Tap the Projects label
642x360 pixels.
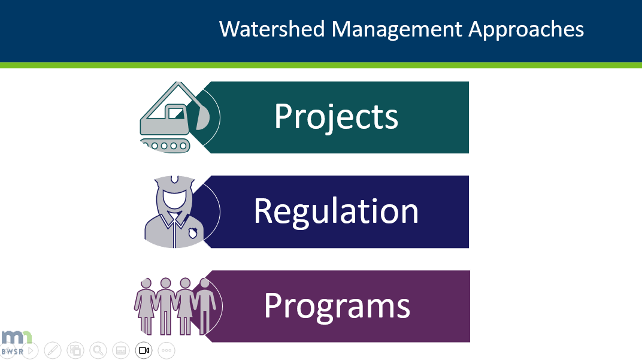click(x=336, y=116)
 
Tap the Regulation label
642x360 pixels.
click(x=336, y=211)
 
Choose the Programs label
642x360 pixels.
click(x=337, y=305)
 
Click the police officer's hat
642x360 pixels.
click(x=174, y=180)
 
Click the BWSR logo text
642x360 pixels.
click(x=12, y=352)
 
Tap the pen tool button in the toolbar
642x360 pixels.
click(x=52, y=350)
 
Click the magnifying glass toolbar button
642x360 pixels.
click(x=98, y=350)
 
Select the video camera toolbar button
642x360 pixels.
click(x=144, y=350)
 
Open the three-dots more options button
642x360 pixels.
click(x=166, y=350)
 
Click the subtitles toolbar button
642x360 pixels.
click(x=120, y=350)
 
